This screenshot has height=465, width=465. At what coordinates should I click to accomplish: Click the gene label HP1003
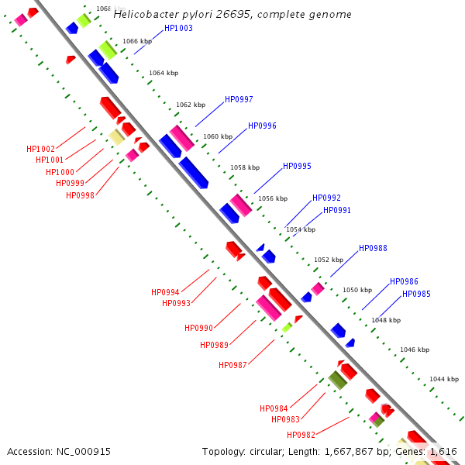pos(179,28)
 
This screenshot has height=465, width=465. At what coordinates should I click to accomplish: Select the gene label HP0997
pos(239,99)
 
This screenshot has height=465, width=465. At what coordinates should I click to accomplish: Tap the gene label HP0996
pos(262,126)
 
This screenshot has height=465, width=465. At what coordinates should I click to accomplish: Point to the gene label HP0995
pos(297,166)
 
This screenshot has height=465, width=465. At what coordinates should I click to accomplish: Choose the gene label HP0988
pos(373,248)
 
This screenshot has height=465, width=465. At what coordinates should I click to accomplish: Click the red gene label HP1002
pos(40,149)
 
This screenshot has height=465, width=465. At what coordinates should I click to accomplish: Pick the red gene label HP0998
pos(80,195)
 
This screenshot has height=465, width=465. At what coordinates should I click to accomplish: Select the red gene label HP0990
pos(198,328)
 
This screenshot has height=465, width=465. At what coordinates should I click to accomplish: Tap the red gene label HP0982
pos(301,435)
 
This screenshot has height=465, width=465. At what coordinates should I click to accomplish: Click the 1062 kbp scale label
pos(191,105)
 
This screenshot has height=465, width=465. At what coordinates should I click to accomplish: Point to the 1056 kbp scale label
pos(272,198)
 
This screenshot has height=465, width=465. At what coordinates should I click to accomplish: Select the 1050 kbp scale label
pos(357,290)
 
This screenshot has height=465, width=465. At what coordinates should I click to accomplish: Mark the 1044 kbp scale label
pos(444,379)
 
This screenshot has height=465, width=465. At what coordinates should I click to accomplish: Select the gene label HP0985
pos(416,294)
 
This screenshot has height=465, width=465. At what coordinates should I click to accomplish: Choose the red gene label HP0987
pos(232,365)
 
